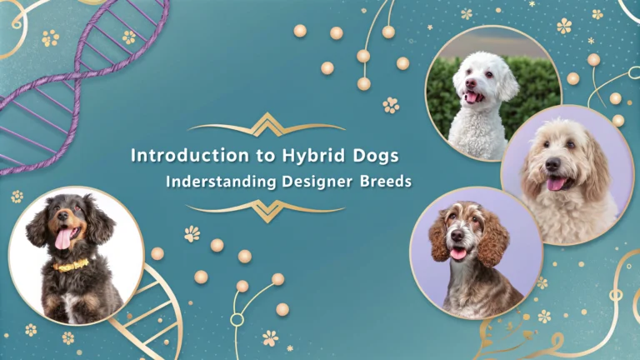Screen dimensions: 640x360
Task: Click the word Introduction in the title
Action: [190, 156]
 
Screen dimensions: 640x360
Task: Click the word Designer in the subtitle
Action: [317, 182]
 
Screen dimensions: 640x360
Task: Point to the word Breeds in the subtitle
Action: [386, 181]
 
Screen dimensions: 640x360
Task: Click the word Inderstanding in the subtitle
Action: [221, 182]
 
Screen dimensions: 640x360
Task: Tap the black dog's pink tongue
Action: [62, 239]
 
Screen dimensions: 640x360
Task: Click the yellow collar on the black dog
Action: [71, 266]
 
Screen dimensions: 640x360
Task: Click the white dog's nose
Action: [471, 83]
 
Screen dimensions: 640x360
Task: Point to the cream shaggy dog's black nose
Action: [552, 164]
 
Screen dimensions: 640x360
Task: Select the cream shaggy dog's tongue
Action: [555, 184]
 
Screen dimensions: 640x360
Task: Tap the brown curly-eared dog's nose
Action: [457, 235]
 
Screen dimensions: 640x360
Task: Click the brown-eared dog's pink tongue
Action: [458, 254]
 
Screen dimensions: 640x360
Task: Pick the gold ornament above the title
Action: [267, 125]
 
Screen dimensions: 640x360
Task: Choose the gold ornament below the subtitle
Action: [266, 211]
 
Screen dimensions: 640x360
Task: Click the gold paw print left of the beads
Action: [192, 234]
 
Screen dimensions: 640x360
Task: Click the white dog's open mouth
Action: [472, 97]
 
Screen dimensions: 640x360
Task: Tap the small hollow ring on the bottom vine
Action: [237, 320]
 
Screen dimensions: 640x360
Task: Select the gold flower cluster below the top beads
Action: [391, 105]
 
